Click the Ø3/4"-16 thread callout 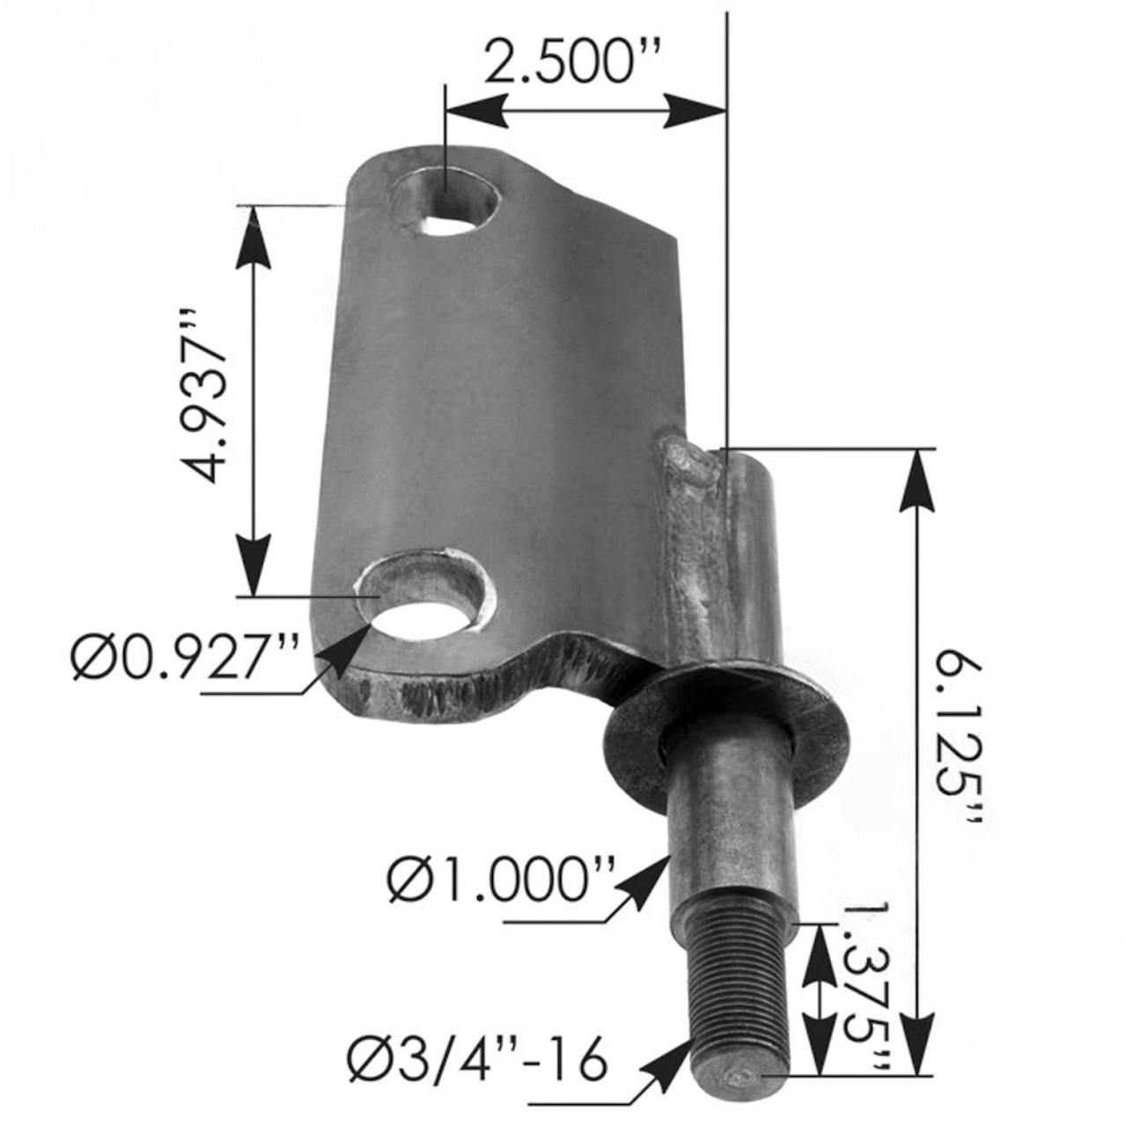click(478, 1060)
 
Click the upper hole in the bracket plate click(445, 205)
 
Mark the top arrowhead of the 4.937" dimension click(254, 233)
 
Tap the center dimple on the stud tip click(738, 1076)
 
